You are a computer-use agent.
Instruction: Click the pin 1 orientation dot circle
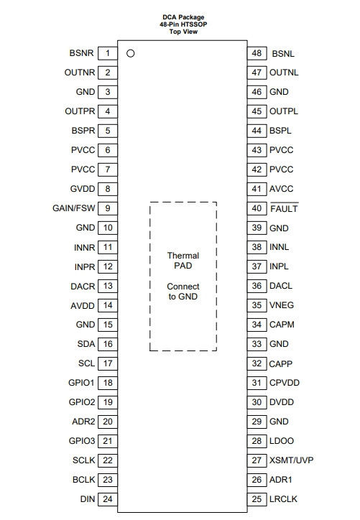pyautogui.click(x=130, y=53)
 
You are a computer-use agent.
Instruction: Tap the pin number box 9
pyautogui.click(x=108, y=208)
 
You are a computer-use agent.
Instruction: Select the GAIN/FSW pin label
pyautogui.click(x=74, y=208)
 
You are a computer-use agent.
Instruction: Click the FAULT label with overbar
pyautogui.click(x=284, y=208)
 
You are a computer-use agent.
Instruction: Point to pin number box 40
pyautogui.click(x=257, y=208)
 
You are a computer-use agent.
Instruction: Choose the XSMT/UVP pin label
pyautogui.click(x=291, y=460)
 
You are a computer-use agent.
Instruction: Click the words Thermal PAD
pyautogui.click(x=183, y=261)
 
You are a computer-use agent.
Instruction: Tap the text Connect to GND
pyautogui.click(x=183, y=292)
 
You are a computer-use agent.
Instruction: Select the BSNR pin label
pyautogui.click(x=82, y=53)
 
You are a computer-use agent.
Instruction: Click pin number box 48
pyautogui.click(x=257, y=53)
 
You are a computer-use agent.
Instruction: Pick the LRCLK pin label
pyautogui.click(x=283, y=499)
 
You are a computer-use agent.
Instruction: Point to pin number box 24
pyautogui.click(x=108, y=499)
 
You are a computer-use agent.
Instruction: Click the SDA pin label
pyautogui.click(x=86, y=344)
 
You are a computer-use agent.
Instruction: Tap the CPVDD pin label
pyautogui.click(x=285, y=383)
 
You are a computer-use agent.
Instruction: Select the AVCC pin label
pyautogui.click(x=282, y=189)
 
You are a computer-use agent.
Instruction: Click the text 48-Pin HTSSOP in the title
pyautogui.click(x=183, y=24)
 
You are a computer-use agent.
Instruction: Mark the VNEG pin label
pyautogui.click(x=282, y=305)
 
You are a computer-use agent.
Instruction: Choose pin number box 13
pyautogui.click(x=108, y=286)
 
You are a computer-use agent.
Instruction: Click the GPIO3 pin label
pyautogui.click(x=82, y=441)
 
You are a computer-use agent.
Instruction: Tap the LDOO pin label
pyautogui.click(x=282, y=441)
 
